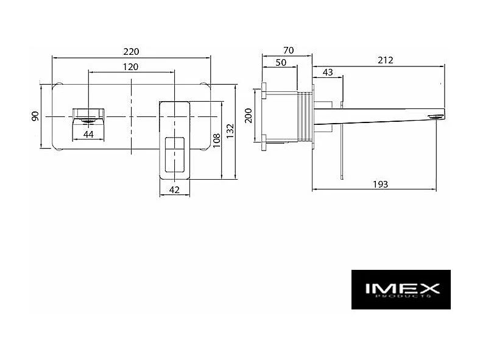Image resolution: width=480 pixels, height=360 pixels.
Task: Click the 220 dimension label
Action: tap(131, 51)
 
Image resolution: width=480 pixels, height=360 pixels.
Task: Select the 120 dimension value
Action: tap(131, 67)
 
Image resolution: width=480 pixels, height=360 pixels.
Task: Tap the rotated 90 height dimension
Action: tap(35, 116)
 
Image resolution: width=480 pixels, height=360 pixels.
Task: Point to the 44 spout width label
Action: tap(88, 135)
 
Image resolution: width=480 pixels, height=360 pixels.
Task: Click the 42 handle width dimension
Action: tap(174, 190)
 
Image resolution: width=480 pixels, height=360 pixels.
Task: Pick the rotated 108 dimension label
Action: tap(216, 140)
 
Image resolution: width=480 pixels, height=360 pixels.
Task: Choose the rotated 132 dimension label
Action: tap(230, 131)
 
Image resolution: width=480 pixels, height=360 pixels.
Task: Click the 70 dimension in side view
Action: tap(288, 50)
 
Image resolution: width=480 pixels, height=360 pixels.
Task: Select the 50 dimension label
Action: tap(281, 63)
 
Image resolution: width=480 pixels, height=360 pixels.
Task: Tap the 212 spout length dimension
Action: tap(386, 60)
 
